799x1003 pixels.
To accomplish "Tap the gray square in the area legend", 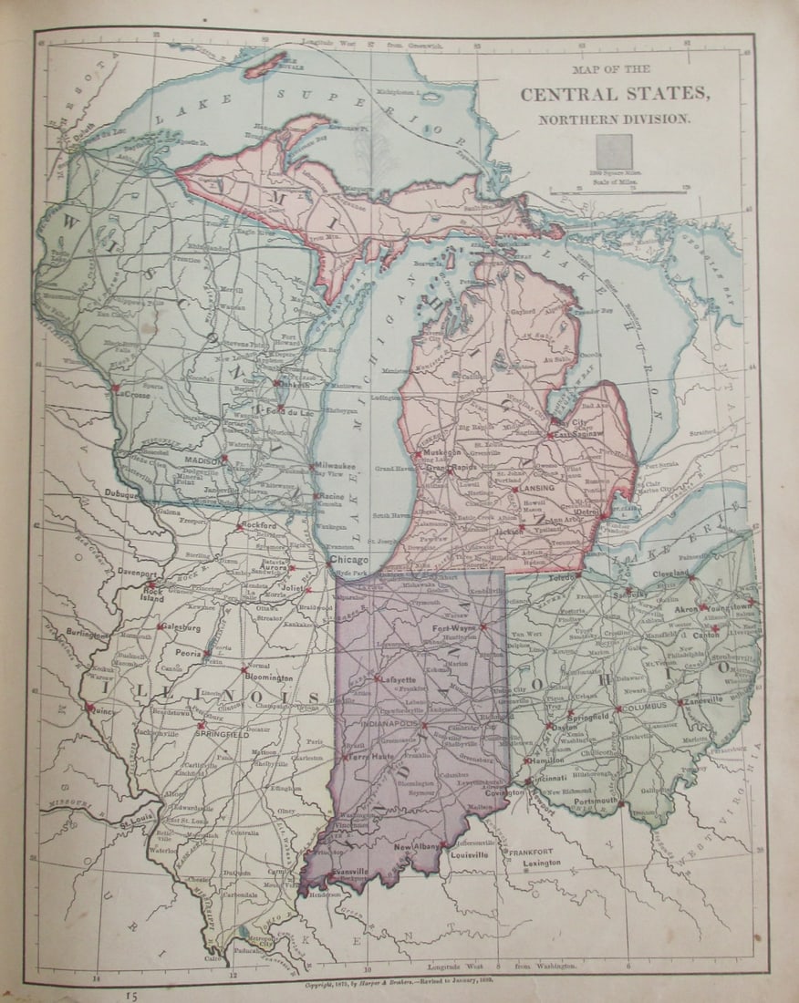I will click(x=614, y=151).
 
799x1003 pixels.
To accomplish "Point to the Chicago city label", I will click(x=348, y=559).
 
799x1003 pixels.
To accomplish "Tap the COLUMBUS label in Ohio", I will click(x=645, y=706).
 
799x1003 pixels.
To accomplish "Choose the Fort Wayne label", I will click(x=454, y=629).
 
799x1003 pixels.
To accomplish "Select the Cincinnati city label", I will click(x=545, y=778).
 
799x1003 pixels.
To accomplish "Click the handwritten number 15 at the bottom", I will click(x=132, y=995).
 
